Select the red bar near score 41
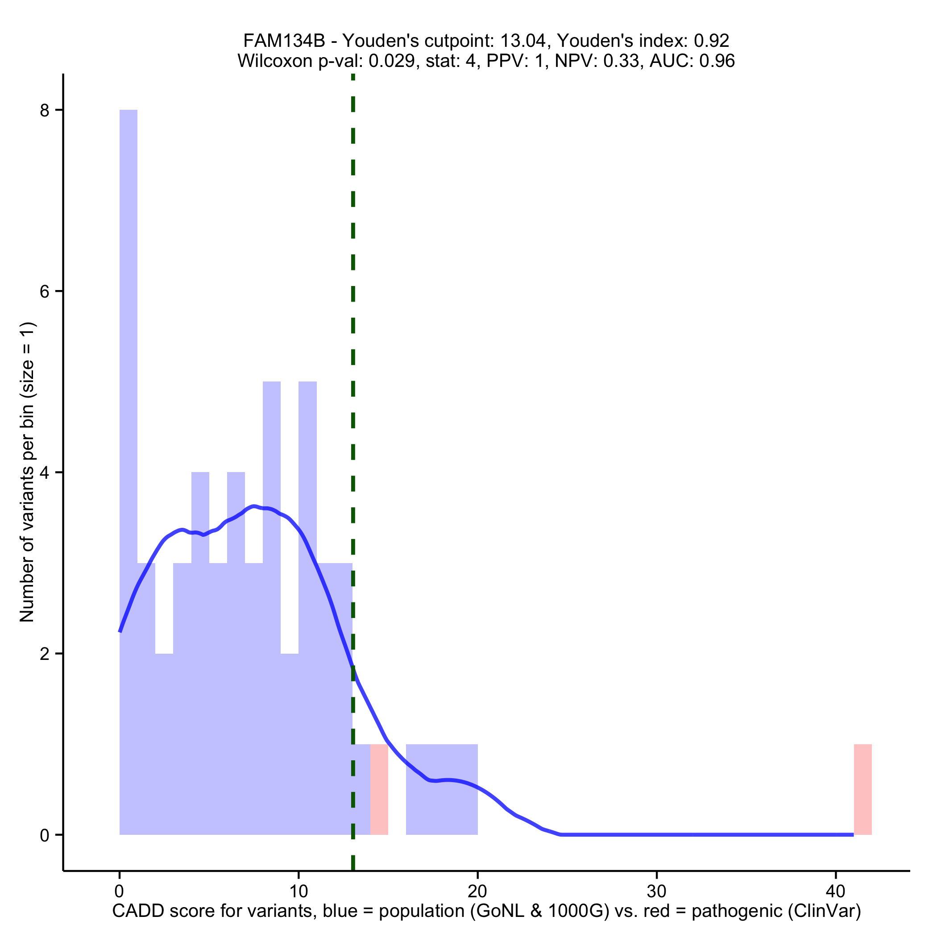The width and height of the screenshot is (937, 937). (x=862, y=789)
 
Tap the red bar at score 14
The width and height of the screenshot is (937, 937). (x=379, y=789)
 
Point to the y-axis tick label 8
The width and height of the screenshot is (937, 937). (x=45, y=111)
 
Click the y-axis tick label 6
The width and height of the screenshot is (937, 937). (x=45, y=291)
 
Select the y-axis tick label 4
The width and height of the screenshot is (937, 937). (x=45, y=473)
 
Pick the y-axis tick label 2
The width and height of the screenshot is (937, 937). (x=45, y=654)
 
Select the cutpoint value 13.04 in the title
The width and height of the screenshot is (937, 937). (x=525, y=41)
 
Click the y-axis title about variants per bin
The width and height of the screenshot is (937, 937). (x=27, y=472)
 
